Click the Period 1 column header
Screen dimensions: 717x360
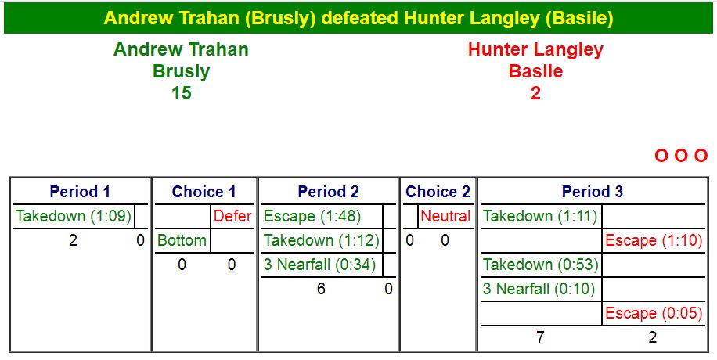tap(80, 192)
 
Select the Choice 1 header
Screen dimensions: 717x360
tap(204, 192)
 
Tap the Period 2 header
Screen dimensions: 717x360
tap(328, 192)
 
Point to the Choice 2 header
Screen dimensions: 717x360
tap(438, 192)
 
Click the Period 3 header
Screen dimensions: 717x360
tap(593, 192)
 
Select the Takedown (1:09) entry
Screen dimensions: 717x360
tap(74, 216)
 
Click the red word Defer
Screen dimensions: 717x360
tap(232, 216)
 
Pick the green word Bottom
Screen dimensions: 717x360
tap(182, 240)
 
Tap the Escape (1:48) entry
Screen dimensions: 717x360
tap(312, 216)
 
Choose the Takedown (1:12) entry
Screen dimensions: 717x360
tap(322, 240)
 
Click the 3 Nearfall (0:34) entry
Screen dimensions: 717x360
tap(319, 265)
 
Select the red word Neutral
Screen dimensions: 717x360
tap(445, 216)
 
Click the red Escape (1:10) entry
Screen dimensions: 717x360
tap(654, 240)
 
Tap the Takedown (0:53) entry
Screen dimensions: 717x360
tap(541, 265)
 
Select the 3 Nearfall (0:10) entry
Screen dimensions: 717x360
tap(539, 289)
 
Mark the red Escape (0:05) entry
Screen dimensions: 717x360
tap(654, 313)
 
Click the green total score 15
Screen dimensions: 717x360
tap(181, 93)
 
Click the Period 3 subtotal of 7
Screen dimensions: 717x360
tap(540, 337)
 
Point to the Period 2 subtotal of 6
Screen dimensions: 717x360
tap(321, 289)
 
